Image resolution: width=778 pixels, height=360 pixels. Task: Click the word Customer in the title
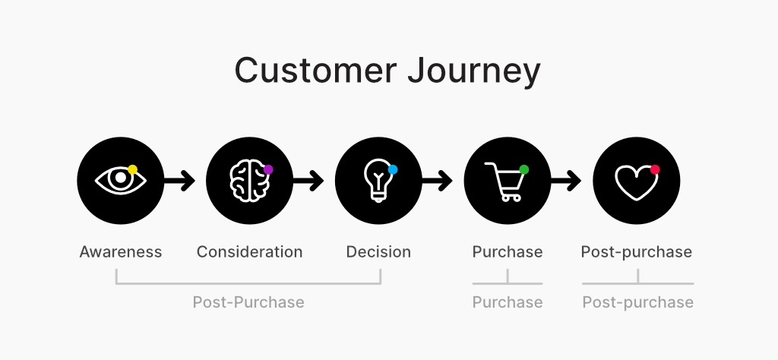tap(315, 71)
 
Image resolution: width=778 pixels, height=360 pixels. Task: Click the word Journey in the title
tap(474, 72)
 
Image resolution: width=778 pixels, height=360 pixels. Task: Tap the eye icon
tap(121, 180)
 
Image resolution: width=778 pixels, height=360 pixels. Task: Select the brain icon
tap(250, 181)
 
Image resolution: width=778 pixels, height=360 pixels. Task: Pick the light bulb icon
tap(378, 180)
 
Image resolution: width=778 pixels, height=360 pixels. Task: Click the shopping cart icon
tap(505, 182)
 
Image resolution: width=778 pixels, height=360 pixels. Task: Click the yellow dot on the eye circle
tap(132, 169)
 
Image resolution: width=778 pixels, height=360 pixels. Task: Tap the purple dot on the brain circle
tap(268, 169)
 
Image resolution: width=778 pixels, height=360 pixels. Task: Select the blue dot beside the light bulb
tap(393, 169)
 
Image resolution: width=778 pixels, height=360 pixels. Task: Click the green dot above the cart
tap(523, 169)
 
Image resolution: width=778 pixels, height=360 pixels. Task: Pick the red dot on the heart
tap(655, 169)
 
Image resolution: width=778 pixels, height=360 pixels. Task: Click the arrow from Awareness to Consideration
tap(179, 181)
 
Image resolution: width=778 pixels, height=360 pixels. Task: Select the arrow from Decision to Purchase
tap(437, 181)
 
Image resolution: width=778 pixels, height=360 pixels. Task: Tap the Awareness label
tap(121, 252)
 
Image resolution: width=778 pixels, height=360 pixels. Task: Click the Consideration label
tap(249, 252)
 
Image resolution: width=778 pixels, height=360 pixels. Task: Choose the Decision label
tap(378, 252)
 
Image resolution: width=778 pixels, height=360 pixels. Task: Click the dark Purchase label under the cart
tap(508, 252)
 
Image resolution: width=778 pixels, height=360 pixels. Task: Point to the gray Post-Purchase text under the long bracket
tap(248, 302)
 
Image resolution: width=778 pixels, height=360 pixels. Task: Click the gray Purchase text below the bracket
tap(508, 302)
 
